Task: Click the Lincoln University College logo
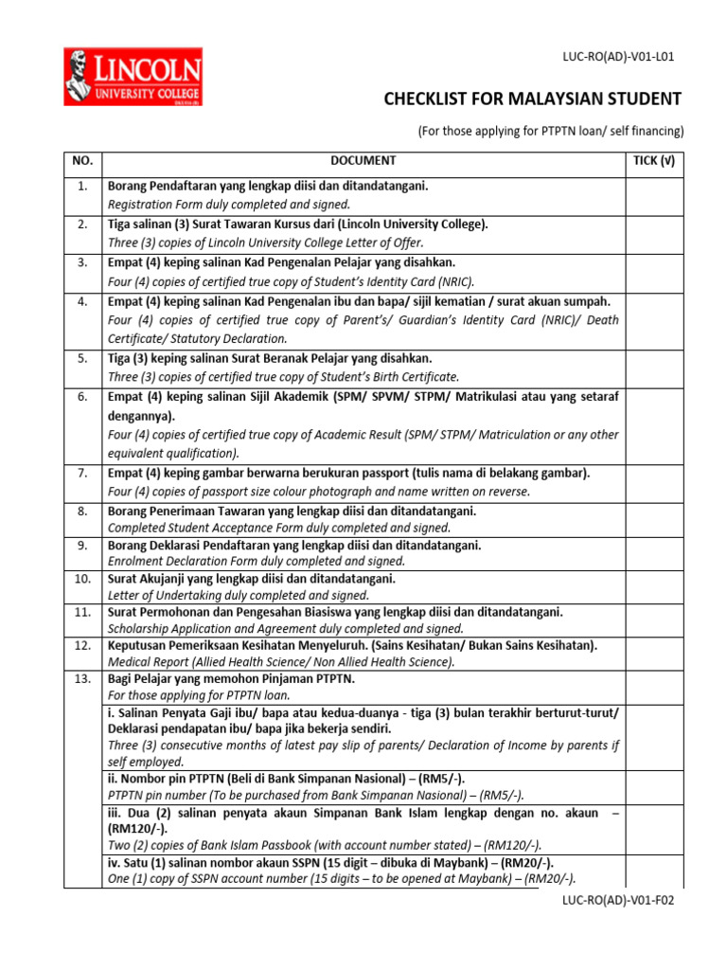tap(133, 79)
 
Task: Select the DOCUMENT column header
tap(363, 162)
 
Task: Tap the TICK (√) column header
tap(653, 162)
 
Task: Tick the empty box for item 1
tap(653, 195)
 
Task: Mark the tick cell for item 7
tap(653, 482)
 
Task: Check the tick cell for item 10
tap(653, 586)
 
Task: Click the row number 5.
tap(82, 358)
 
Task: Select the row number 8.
tap(82, 512)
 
